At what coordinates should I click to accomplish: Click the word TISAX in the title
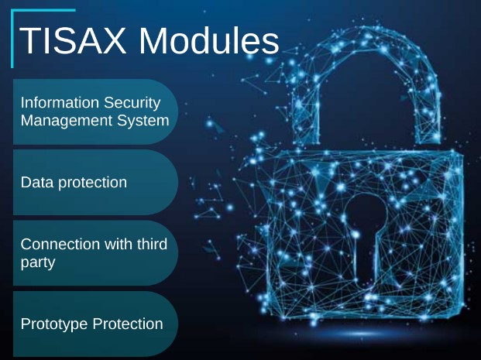(73, 41)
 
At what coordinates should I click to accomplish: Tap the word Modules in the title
(209, 41)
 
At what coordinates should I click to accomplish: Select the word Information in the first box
(60, 102)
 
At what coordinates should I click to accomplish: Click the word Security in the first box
(132, 103)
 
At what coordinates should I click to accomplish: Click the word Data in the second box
(37, 182)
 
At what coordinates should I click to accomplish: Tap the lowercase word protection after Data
(92, 183)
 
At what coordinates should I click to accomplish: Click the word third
(152, 244)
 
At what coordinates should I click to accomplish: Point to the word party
(38, 262)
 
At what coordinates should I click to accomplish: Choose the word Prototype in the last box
(54, 324)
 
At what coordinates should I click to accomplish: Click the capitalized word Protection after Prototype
(128, 324)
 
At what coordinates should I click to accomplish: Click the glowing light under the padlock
(361, 334)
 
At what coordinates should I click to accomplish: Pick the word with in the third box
(119, 244)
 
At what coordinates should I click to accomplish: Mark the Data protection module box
(95, 183)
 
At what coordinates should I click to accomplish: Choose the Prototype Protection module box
(95, 324)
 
